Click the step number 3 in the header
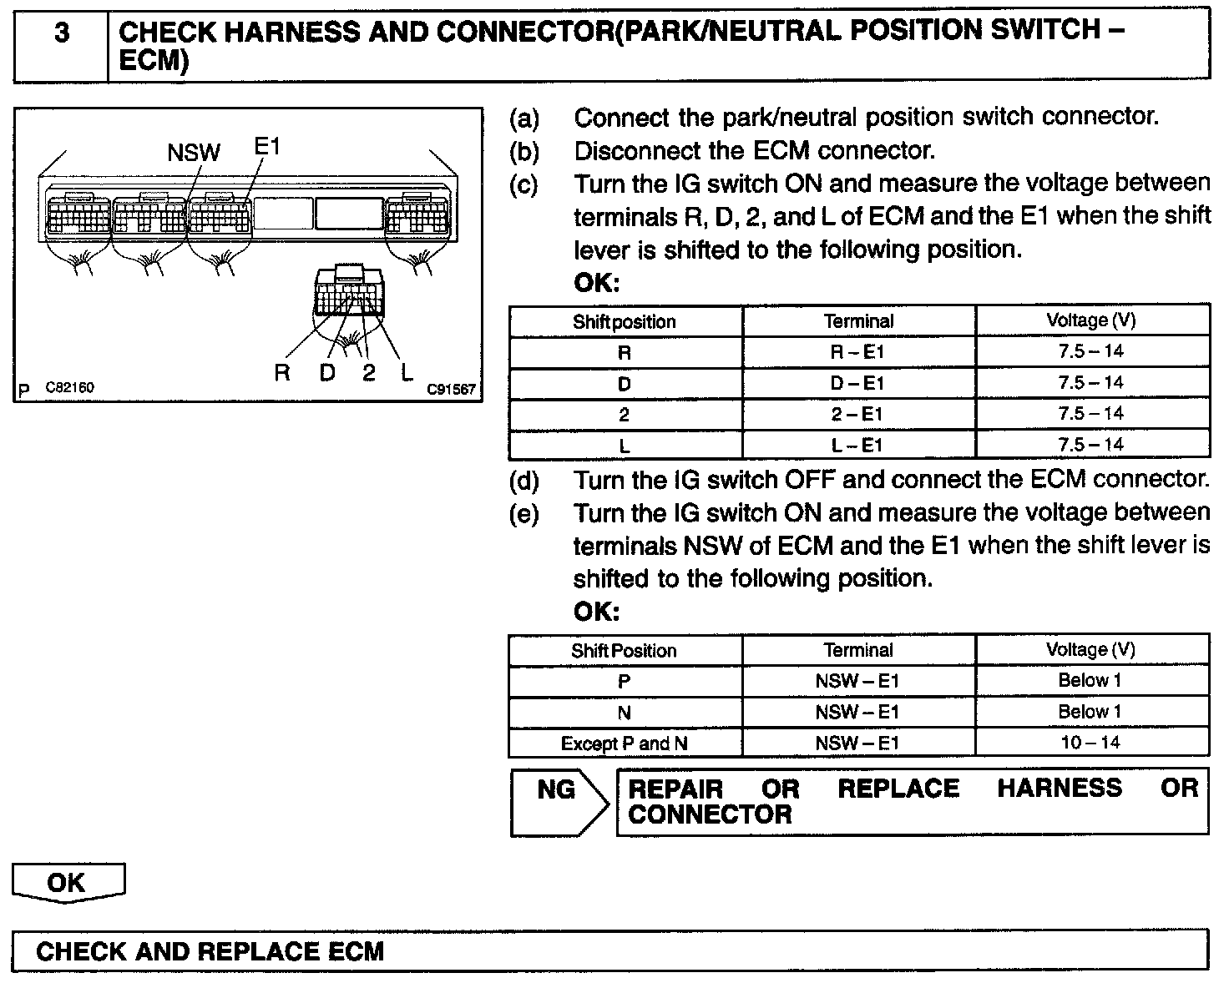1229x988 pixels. pyautogui.click(x=61, y=34)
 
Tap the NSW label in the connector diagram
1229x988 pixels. pyautogui.click(x=194, y=153)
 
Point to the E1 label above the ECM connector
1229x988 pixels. pyautogui.click(x=267, y=147)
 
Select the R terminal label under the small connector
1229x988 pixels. pyautogui.click(x=282, y=373)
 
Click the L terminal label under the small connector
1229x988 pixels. pyautogui.click(x=407, y=373)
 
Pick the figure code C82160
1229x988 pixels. pyautogui.click(x=69, y=388)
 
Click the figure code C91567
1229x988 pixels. pyautogui.click(x=451, y=389)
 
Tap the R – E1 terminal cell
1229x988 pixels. pyautogui.click(x=858, y=352)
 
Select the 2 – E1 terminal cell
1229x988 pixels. pyautogui.click(x=858, y=415)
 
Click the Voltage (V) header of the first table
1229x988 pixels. pyautogui.click(x=1091, y=320)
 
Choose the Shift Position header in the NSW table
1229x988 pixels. pyautogui.click(x=624, y=651)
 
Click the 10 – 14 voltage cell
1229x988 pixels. pyautogui.click(x=1090, y=743)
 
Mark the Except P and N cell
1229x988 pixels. pyautogui.click(x=624, y=744)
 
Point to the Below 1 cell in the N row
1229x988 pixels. pyautogui.click(x=1090, y=712)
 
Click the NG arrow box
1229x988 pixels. pyautogui.click(x=558, y=801)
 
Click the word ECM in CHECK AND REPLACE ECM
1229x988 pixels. pyautogui.click(x=352, y=951)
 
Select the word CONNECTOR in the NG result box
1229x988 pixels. pyautogui.click(x=710, y=815)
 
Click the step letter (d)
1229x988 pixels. pyautogui.click(x=524, y=481)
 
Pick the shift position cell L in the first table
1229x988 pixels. pyautogui.click(x=625, y=446)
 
